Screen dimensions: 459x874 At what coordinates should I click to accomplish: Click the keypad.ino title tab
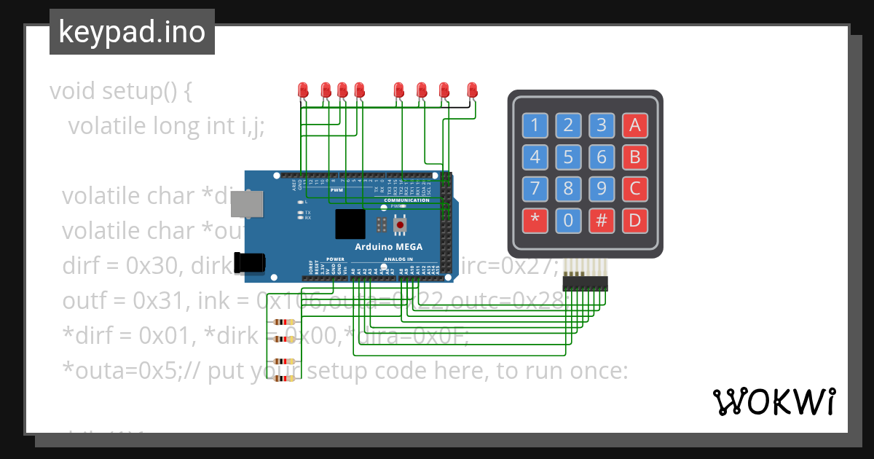132,32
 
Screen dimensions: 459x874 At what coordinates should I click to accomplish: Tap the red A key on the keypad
634,125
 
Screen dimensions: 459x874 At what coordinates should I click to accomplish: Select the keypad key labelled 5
568,157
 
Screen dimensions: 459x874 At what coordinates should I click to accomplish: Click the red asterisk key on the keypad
535,220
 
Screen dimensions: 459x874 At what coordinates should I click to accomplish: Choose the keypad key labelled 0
568,220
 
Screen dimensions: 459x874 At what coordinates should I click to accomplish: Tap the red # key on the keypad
602,220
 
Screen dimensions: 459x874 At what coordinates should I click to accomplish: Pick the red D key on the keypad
634,220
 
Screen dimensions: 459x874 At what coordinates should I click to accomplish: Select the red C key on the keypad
634,189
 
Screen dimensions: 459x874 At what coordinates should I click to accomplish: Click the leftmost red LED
303,90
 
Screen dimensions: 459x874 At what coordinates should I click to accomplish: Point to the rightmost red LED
472,90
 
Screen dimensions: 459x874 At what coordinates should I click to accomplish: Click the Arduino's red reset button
400,226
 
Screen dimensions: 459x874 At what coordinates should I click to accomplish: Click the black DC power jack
248,263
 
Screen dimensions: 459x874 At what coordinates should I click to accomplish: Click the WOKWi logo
773,401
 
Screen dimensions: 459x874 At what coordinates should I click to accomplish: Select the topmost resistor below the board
283,322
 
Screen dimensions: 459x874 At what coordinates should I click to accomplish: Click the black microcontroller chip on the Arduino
351,224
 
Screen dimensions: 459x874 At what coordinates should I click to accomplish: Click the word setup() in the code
146,92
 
